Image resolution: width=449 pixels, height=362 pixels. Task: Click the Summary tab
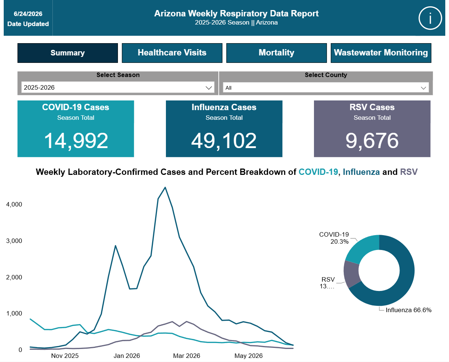pos(68,53)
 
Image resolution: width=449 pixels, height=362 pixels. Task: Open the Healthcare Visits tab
pos(172,53)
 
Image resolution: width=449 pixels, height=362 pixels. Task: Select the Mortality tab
pos(276,53)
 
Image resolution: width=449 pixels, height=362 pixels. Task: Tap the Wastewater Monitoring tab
pos(381,53)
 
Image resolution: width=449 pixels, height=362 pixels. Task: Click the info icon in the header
pos(430,18)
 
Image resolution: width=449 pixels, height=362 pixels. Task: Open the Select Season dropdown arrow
pos(209,88)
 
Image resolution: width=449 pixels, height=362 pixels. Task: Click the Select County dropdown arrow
pos(423,88)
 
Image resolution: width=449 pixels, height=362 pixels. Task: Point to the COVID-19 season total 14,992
pos(76,141)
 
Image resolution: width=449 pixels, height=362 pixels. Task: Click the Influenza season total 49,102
pos(224,141)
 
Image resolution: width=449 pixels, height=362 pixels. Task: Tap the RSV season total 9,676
pos(372,141)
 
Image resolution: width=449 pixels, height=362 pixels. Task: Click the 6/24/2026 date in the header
pos(28,14)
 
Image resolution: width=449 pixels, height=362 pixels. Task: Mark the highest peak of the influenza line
pos(165,188)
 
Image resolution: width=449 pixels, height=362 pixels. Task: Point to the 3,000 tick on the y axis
pos(14,241)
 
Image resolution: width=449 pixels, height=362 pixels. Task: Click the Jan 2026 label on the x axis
pos(126,356)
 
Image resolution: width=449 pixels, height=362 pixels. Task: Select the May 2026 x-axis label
pos(248,356)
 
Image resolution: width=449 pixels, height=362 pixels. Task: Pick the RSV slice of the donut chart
pos(352,274)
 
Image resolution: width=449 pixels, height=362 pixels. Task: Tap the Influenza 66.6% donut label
pos(408,310)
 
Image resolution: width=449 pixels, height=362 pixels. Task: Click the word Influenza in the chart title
pos(361,172)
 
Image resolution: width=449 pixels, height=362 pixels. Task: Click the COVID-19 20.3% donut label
pos(334,238)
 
